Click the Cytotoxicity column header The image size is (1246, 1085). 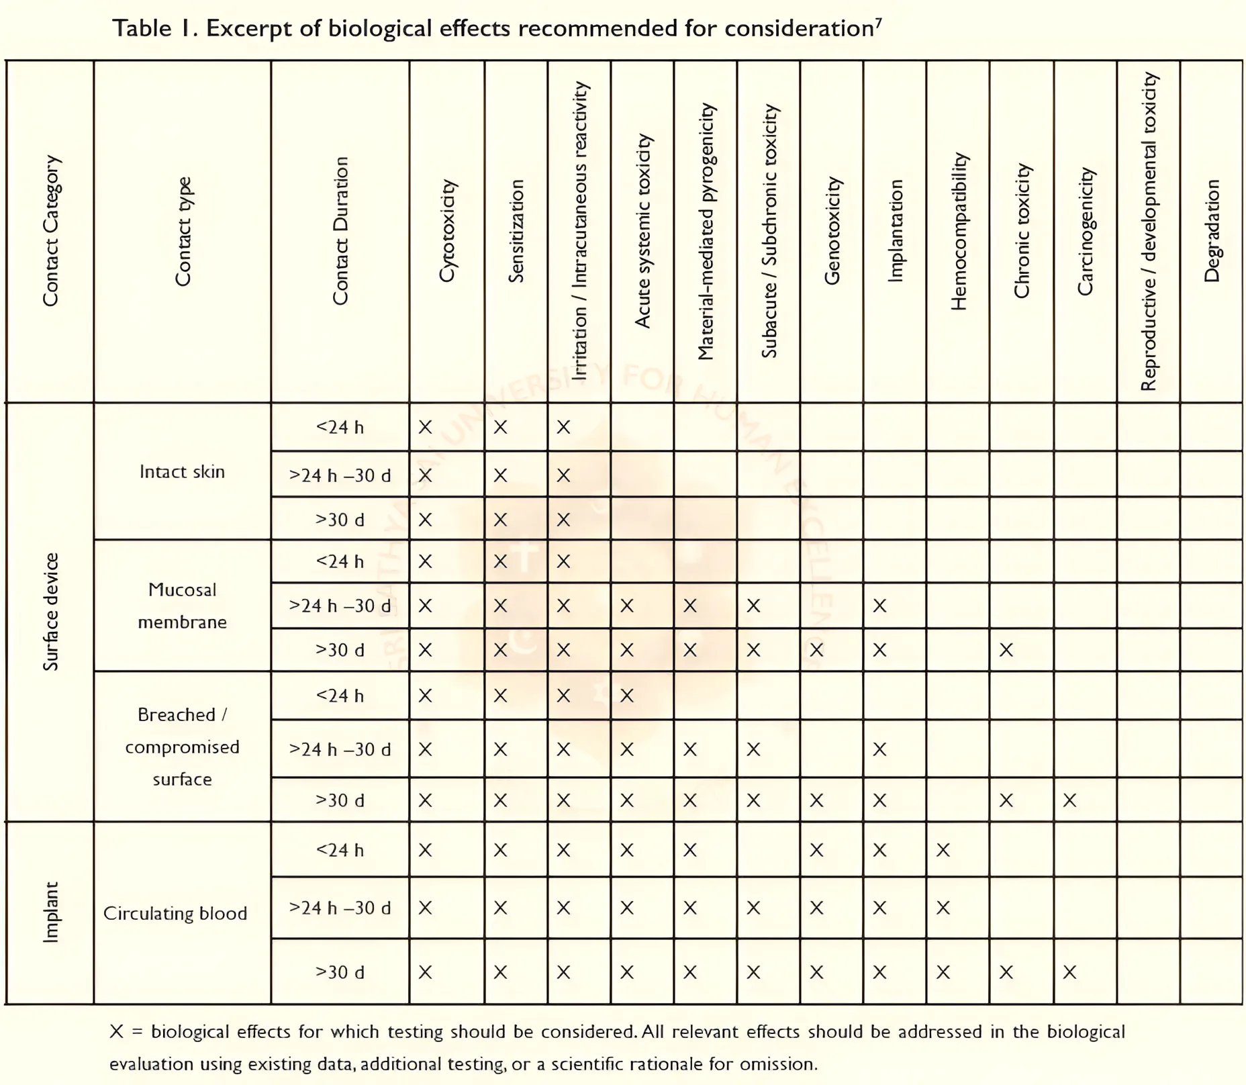click(x=447, y=230)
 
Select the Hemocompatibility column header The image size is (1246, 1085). click(x=959, y=231)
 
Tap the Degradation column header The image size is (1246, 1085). click(x=1212, y=230)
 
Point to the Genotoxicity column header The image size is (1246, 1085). click(x=832, y=230)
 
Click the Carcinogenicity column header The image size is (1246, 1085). click(x=1085, y=231)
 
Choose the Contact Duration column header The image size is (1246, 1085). click(x=340, y=230)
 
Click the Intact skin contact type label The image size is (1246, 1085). click(x=182, y=471)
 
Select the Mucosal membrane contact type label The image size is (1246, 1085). click(x=182, y=606)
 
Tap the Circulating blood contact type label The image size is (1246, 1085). click(x=175, y=913)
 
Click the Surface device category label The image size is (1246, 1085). click(x=51, y=612)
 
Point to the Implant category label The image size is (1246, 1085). click(x=51, y=912)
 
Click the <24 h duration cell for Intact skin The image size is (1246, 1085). click(x=340, y=427)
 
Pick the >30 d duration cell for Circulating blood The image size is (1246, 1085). click(x=340, y=972)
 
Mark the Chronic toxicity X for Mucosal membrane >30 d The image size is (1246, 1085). click(x=1006, y=650)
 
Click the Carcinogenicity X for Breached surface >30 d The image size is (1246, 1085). click(x=1069, y=800)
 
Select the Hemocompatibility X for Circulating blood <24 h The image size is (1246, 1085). click(x=943, y=851)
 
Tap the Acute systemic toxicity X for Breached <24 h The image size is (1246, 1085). click(x=626, y=696)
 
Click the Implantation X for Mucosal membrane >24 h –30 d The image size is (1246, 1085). click(x=879, y=606)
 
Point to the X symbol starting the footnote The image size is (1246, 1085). click(x=117, y=1031)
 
